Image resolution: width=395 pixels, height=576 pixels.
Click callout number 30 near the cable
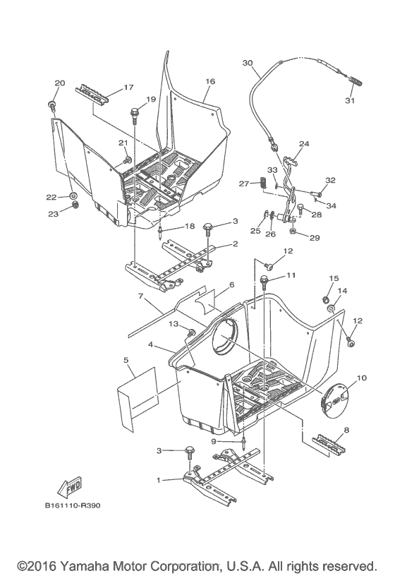pos(247,63)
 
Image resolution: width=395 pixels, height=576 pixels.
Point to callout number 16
pos(209,81)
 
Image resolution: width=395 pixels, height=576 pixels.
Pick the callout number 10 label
pos(362,378)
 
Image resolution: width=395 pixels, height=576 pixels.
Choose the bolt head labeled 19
pos(134,112)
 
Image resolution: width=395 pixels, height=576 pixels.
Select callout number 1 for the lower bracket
pos(161,479)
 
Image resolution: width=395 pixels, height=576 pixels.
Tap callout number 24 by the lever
pos(304,143)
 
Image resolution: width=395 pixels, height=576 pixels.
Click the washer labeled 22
pos(73,196)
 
